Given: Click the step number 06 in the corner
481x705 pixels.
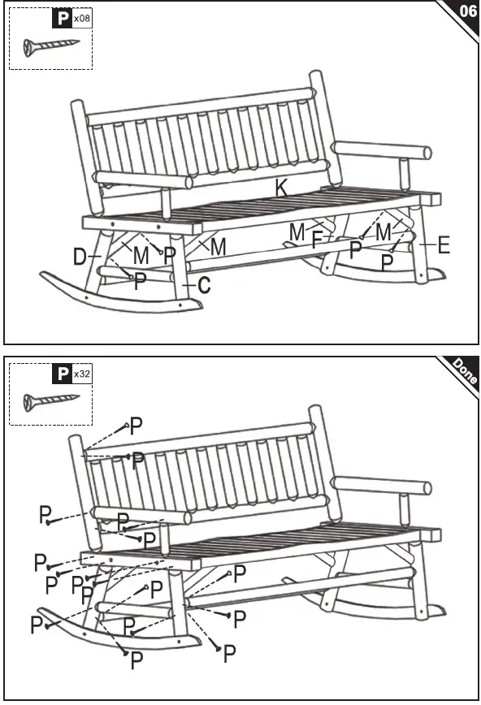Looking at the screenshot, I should point(467,11).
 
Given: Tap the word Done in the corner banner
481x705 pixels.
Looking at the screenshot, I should point(465,371).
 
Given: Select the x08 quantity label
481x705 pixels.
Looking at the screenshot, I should point(81,17).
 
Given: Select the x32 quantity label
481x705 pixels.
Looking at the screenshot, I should point(81,374).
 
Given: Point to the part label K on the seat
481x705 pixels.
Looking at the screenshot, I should point(281,188).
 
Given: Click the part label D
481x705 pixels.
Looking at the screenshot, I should point(80,258).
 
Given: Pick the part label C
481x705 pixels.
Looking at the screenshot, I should point(204,285).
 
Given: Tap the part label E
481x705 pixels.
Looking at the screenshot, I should point(443,245).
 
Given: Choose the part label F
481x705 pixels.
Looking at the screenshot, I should point(318,240).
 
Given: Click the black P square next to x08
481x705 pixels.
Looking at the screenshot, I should point(61,17).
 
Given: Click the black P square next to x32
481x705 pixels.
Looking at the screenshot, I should point(61,374).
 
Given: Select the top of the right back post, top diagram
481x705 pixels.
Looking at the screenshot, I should point(316,76).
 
